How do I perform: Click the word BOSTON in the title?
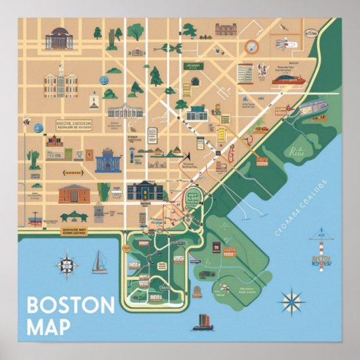point(71,305)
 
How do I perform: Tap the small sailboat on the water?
point(99,262)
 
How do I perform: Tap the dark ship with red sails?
point(204,321)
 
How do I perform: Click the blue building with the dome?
point(107,162)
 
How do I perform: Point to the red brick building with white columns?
point(74,194)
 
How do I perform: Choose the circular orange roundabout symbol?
point(252,46)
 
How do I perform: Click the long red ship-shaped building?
point(290,79)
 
